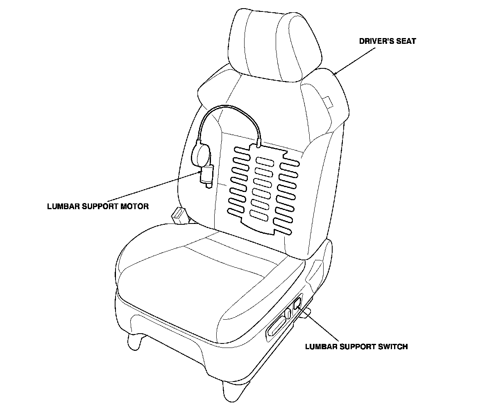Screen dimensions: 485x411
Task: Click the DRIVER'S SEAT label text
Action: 387,41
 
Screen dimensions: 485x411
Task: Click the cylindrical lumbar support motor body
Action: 205,174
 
